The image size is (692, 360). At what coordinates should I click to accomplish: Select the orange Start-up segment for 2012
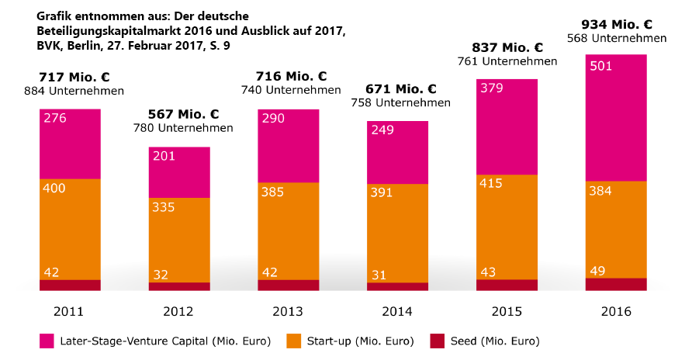(x=179, y=240)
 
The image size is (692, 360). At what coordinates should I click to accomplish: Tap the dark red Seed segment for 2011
(x=71, y=285)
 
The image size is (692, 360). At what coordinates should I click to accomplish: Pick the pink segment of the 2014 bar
(x=397, y=152)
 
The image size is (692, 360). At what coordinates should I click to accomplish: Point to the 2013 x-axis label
(x=288, y=311)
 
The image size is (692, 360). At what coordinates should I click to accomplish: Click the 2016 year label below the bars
(x=616, y=311)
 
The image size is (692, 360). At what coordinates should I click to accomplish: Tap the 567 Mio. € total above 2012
(x=179, y=114)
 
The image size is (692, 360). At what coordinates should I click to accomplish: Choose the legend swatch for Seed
(x=437, y=341)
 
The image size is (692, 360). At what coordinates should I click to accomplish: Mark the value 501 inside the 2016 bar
(x=601, y=66)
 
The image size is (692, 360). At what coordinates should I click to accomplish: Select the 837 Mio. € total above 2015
(x=507, y=47)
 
